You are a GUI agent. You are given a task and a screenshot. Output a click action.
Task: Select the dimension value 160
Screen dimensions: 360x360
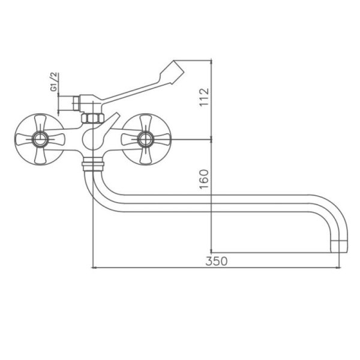tap(204, 178)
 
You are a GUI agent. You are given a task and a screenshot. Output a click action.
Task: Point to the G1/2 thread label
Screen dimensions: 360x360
tap(53, 82)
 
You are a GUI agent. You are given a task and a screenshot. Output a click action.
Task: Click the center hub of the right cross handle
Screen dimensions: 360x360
tap(144, 140)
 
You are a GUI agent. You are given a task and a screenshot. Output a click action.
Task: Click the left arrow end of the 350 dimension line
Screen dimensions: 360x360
tap(91, 268)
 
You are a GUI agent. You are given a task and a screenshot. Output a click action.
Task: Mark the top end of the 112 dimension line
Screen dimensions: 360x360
tap(212, 59)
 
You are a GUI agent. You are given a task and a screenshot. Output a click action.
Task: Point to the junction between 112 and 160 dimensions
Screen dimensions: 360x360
tap(212, 140)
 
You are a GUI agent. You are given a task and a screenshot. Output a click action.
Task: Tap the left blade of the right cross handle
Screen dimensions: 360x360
tap(128, 140)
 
